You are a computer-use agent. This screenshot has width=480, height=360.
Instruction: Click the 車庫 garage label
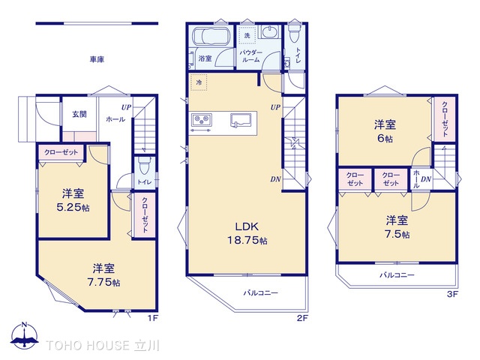(x=97, y=59)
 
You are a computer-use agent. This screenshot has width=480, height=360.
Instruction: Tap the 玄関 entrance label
(x=79, y=114)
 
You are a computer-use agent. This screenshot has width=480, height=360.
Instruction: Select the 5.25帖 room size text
(x=73, y=208)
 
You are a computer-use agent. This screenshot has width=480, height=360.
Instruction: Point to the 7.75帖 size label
(x=103, y=282)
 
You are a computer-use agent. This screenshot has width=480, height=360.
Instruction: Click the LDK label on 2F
(x=247, y=226)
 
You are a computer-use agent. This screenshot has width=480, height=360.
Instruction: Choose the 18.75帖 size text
(x=247, y=240)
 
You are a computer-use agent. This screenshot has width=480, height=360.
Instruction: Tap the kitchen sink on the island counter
(x=241, y=120)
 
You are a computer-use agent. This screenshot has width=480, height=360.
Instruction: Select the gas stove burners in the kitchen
(x=202, y=120)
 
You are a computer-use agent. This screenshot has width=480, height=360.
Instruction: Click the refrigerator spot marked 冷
(x=199, y=82)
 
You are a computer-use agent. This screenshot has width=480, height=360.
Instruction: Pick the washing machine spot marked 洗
(x=247, y=35)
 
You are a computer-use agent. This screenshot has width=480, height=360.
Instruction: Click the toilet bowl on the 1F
(x=143, y=166)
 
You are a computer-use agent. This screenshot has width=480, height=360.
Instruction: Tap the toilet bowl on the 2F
(x=294, y=33)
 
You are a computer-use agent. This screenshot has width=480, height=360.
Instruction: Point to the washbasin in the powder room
(x=269, y=31)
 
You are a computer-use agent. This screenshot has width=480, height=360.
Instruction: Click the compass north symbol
(x=25, y=335)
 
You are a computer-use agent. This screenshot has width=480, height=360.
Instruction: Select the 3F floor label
(x=452, y=294)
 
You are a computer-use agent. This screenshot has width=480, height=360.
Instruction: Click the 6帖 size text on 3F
(x=385, y=138)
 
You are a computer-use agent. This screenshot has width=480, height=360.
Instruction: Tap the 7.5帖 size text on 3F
(x=397, y=234)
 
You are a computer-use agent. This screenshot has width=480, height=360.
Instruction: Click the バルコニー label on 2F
(x=261, y=293)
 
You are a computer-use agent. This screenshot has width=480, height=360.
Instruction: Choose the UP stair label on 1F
(x=126, y=107)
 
